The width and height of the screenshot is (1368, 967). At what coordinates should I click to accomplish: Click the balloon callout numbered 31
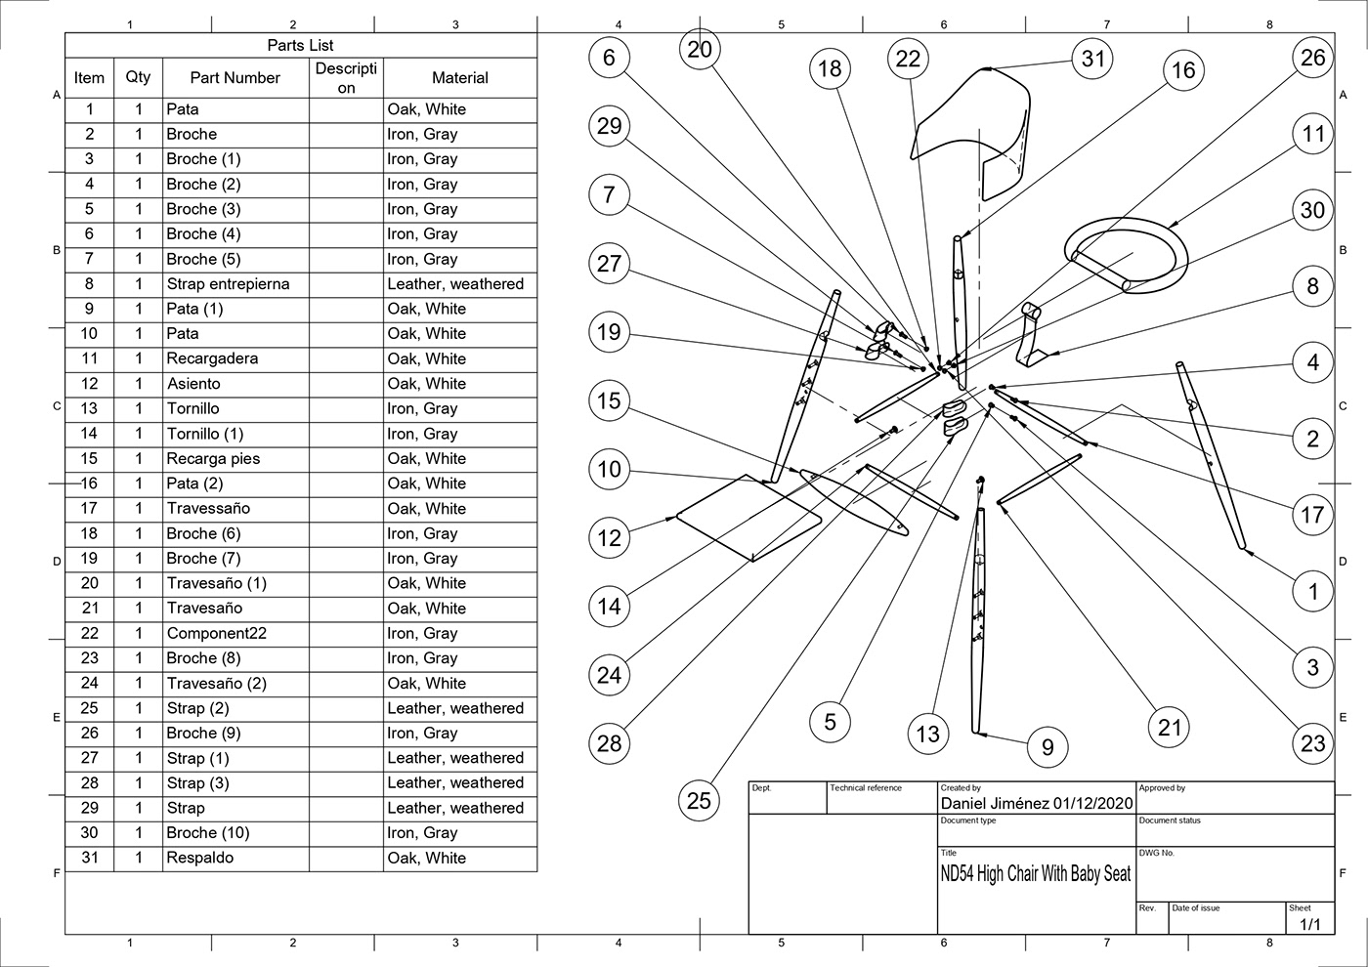[1092, 59]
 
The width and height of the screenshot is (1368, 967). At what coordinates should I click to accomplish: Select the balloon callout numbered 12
[609, 537]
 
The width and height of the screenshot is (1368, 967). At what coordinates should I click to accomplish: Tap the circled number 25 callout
[699, 801]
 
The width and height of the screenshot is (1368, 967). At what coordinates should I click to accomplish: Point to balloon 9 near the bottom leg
[1047, 747]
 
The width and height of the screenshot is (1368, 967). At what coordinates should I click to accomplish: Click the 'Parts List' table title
[300, 46]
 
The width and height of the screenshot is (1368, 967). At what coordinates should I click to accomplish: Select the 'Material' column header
[459, 78]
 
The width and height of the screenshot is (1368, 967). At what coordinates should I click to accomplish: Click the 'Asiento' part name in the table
[193, 384]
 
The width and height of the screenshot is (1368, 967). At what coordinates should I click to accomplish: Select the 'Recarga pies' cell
[213, 458]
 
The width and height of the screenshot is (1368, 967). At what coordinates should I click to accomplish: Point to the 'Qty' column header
[138, 77]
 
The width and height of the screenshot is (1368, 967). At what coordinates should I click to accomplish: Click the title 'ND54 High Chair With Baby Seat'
[1035, 874]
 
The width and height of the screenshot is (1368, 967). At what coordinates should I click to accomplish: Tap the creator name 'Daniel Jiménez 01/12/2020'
[1036, 803]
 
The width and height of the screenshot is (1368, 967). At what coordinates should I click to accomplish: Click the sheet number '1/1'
[1309, 923]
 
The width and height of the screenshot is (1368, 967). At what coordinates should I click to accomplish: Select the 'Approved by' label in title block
[1162, 787]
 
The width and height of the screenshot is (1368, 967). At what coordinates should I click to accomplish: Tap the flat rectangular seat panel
[748, 518]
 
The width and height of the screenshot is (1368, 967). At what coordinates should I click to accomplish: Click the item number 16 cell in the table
[89, 483]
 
